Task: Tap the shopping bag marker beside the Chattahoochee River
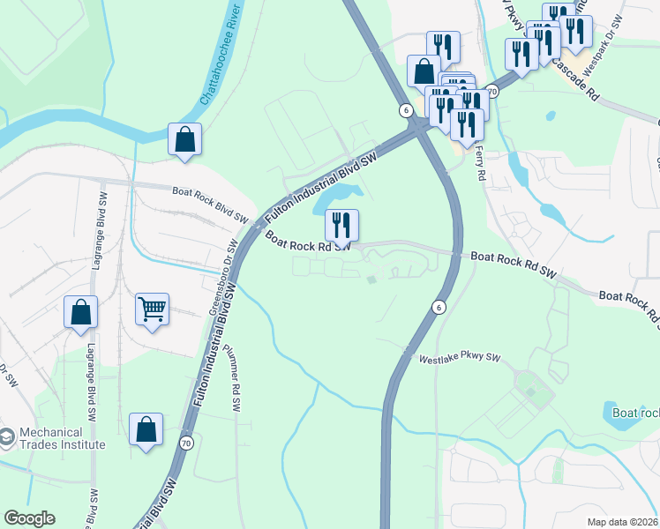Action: pyautogui.click(x=184, y=139)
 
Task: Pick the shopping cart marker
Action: pyautogui.click(x=153, y=310)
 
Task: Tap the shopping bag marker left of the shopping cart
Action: pyautogui.click(x=80, y=313)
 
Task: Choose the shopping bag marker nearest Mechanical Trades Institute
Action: pyautogui.click(x=146, y=430)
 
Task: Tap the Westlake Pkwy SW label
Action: pyautogui.click(x=459, y=359)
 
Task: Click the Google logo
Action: pyautogui.click(x=29, y=518)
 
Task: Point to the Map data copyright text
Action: pyautogui.click(x=622, y=522)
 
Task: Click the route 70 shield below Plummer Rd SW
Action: pyautogui.click(x=185, y=442)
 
